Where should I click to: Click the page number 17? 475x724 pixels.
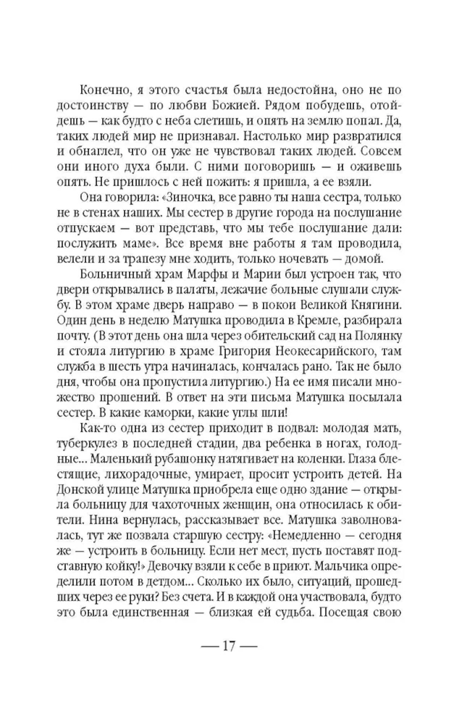click(x=228, y=647)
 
